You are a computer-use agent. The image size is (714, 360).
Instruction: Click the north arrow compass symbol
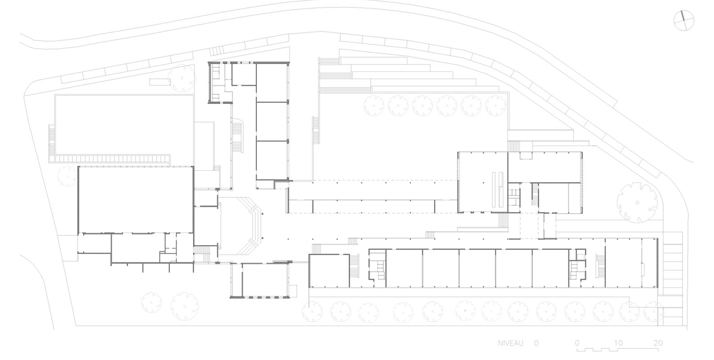(x=684, y=20)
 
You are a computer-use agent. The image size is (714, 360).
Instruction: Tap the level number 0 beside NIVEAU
(x=536, y=343)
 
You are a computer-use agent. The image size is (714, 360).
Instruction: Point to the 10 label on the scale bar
(x=618, y=343)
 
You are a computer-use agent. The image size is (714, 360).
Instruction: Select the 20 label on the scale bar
(x=658, y=343)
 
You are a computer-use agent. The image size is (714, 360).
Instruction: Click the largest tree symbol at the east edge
(x=637, y=203)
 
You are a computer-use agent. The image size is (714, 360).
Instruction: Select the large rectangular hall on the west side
(x=136, y=200)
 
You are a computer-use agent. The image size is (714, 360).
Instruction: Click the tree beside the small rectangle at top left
(x=181, y=78)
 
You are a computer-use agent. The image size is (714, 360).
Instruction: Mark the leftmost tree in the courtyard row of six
(x=374, y=106)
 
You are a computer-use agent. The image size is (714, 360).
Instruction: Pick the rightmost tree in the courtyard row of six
(x=496, y=106)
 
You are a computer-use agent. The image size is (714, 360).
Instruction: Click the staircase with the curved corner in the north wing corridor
(x=238, y=136)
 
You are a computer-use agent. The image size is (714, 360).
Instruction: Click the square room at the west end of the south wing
(x=329, y=271)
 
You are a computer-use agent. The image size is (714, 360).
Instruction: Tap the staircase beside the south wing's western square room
(x=354, y=271)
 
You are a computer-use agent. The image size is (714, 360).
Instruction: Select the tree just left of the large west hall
(x=67, y=176)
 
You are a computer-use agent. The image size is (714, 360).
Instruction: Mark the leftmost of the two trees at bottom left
(x=152, y=303)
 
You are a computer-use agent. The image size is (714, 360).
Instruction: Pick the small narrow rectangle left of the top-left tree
(x=159, y=82)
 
